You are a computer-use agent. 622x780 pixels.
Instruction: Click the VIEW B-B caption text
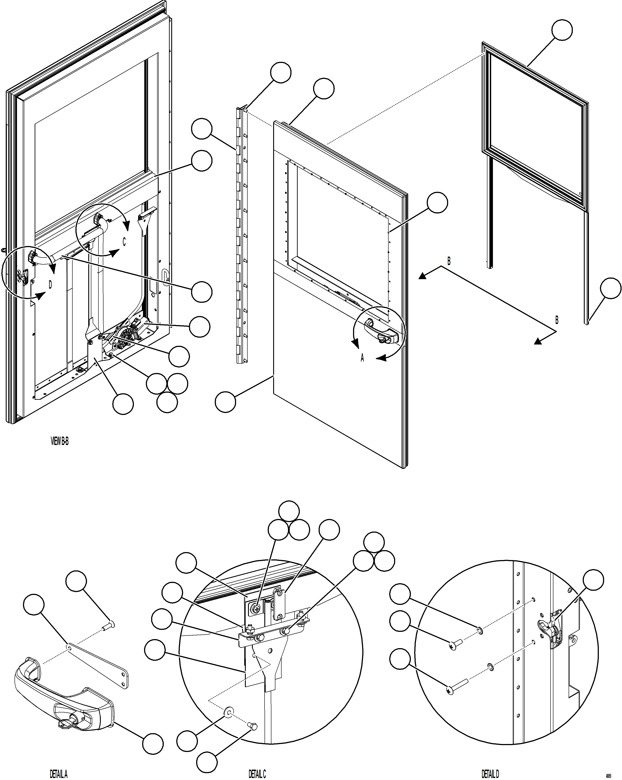60,441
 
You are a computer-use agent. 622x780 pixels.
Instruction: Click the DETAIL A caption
58,774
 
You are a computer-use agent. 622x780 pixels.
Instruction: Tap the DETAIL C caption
257,774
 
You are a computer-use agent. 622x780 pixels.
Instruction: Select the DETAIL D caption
490,774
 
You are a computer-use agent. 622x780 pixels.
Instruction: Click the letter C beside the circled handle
124,242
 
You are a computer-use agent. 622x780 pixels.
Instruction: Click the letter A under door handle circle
362,358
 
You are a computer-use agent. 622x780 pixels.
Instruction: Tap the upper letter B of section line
449,261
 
